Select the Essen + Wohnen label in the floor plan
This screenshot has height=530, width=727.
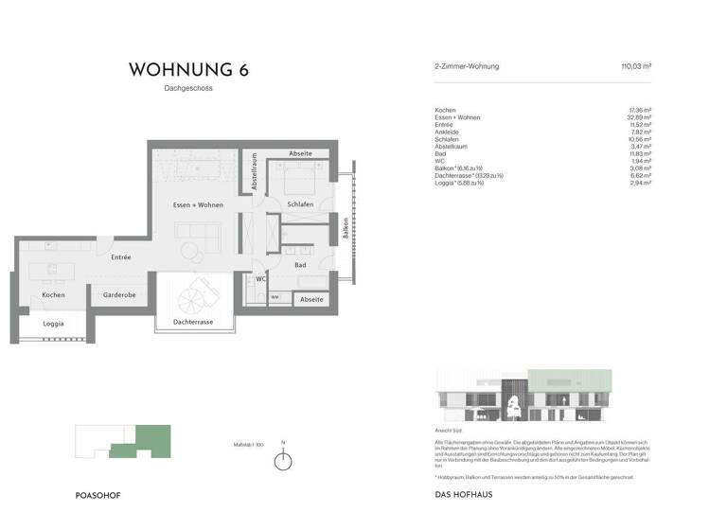click(198, 205)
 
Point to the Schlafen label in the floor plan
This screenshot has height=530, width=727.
click(300, 205)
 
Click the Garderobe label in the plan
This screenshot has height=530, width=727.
click(119, 295)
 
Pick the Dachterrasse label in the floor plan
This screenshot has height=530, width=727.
click(193, 322)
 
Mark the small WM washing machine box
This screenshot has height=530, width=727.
click(275, 297)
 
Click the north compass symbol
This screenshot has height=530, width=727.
click(283, 461)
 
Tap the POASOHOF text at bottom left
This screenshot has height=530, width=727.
click(98, 495)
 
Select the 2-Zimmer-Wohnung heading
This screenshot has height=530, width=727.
click(466, 66)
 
